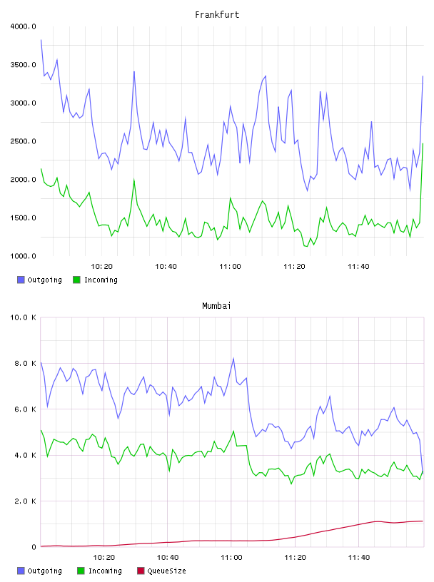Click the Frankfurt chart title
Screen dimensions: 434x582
point(217,15)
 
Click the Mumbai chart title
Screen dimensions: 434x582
point(216,306)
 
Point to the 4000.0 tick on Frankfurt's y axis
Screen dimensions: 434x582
point(23,26)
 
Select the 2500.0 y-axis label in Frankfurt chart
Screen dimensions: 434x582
point(23,141)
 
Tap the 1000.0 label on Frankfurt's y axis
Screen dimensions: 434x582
point(23,256)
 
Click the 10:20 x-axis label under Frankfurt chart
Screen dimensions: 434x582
point(101,266)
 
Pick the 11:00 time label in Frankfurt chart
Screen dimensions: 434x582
point(230,266)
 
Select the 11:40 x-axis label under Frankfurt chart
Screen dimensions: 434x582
point(358,266)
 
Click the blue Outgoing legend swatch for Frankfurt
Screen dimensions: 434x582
point(21,280)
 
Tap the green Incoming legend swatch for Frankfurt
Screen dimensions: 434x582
point(76,280)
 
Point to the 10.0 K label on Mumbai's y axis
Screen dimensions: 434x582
point(23,317)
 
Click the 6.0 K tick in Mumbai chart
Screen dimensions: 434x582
point(25,409)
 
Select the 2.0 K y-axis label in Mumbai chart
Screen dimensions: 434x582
point(25,501)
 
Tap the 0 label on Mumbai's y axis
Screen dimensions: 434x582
point(34,547)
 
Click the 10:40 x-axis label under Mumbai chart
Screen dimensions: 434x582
point(168,557)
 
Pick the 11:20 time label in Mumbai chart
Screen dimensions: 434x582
point(295,557)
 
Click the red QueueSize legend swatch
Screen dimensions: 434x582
point(141,571)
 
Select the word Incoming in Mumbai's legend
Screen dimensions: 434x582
point(105,571)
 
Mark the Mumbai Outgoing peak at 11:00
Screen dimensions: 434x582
point(233,358)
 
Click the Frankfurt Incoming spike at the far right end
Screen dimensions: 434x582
point(423,143)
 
